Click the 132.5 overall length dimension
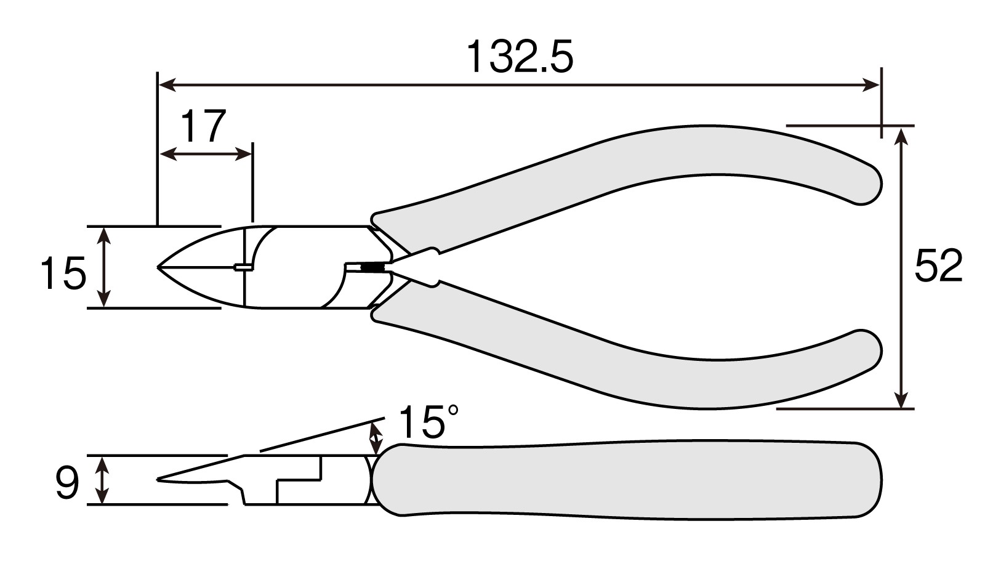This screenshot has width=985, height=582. [x=520, y=57]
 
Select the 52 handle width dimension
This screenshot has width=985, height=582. [x=938, y=265]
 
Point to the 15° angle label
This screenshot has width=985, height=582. [x=428, y=422]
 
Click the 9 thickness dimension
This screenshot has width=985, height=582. [x=67, y=483]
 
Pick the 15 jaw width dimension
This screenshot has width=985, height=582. [x=63, y=273]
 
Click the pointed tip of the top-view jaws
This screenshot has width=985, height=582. [x=158, y=267]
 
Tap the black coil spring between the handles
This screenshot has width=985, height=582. [x=372, y=267]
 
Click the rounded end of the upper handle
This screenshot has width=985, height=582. [x=869, y=184]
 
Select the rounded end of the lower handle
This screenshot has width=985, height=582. [x=869, y=351]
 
